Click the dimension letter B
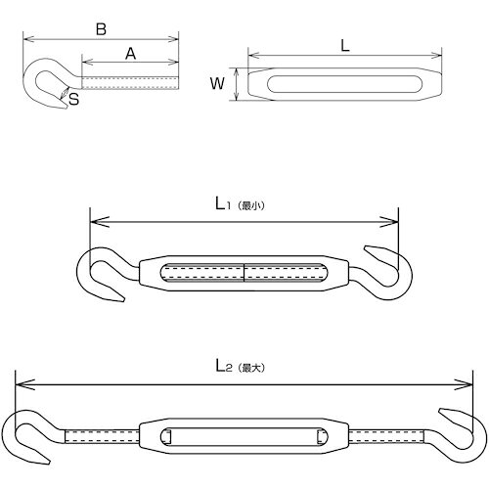[102, 29]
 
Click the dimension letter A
[131, 54]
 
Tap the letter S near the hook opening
[74, 99]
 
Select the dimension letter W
[217, 83]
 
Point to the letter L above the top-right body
[345, 46]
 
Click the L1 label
[223, 204]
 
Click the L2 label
[224, 366]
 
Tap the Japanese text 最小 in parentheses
[250, 206]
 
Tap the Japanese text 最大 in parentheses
[250, 368]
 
